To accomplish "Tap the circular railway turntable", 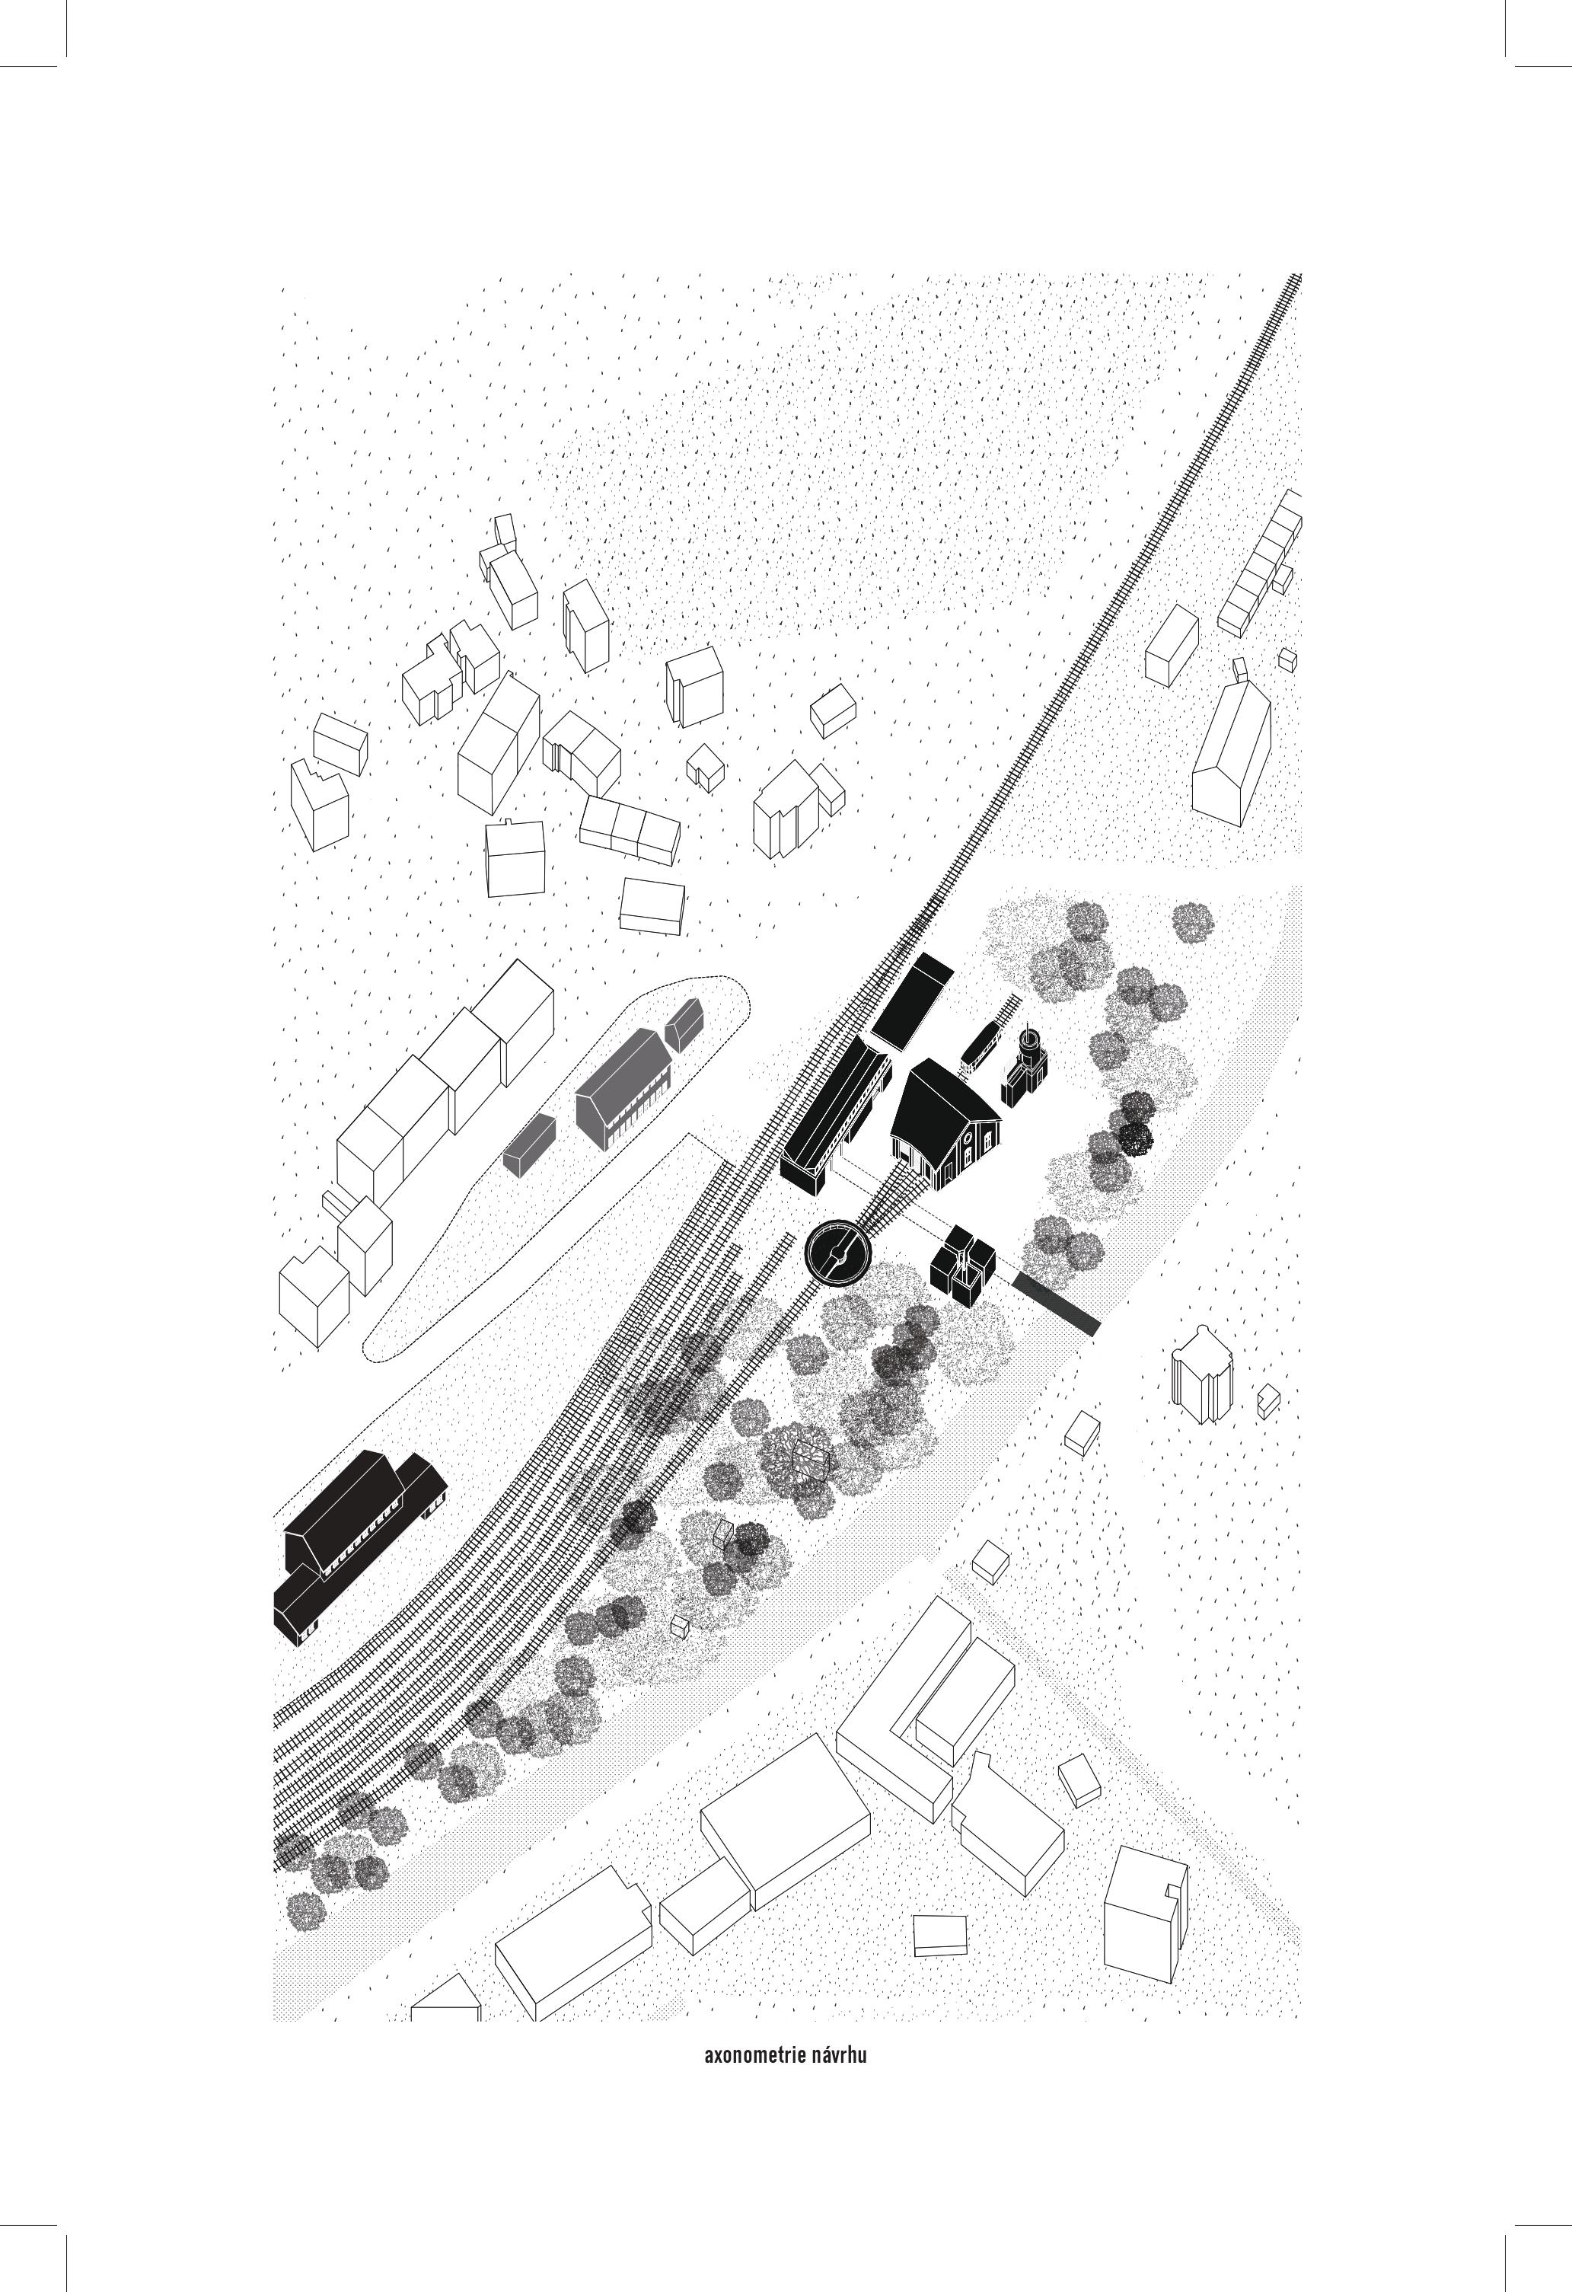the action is (x=838, y=1253).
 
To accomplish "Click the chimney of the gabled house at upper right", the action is (x=1239, y=669).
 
